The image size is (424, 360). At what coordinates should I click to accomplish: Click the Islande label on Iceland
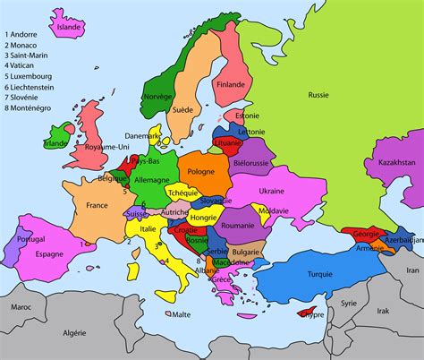[69, 27]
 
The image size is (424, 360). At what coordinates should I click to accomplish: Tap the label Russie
[318, 95]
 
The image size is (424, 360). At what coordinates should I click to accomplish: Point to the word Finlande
[231, 86]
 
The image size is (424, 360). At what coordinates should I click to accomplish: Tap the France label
[98, 205]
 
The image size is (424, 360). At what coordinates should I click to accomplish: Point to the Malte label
[181, 314]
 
